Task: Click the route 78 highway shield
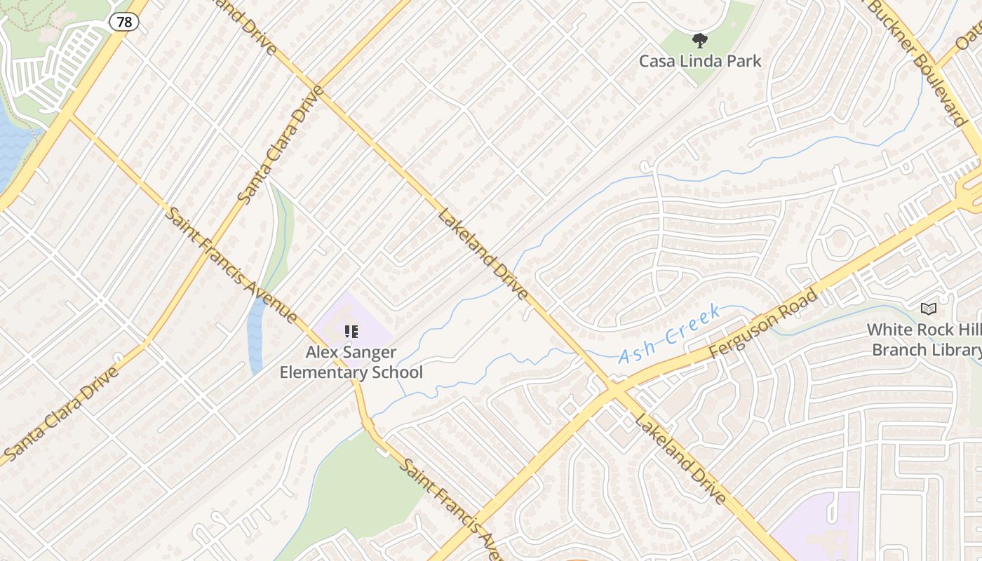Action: pyautogui.click(x=123, y=22)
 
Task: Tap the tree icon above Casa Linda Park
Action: pyautogui.click(x=699, y=40)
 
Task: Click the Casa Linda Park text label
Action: pyautogui.click(x=699, y=61)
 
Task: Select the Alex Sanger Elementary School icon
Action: pyautogui.click(x=351, y=332)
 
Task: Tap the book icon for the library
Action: pyautogui.click(x=928, y=309)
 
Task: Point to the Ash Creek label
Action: pyautogui.click(x=670, y=333)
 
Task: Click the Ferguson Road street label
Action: pyautogui.click(x=763, y=324)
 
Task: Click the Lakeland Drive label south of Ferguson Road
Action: pyautogui.click(x=679, y=457)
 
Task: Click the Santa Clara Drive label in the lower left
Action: pyautogui.click(x=62, y=414)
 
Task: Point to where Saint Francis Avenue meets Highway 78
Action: pyautogui.click(x=71, y=116)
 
